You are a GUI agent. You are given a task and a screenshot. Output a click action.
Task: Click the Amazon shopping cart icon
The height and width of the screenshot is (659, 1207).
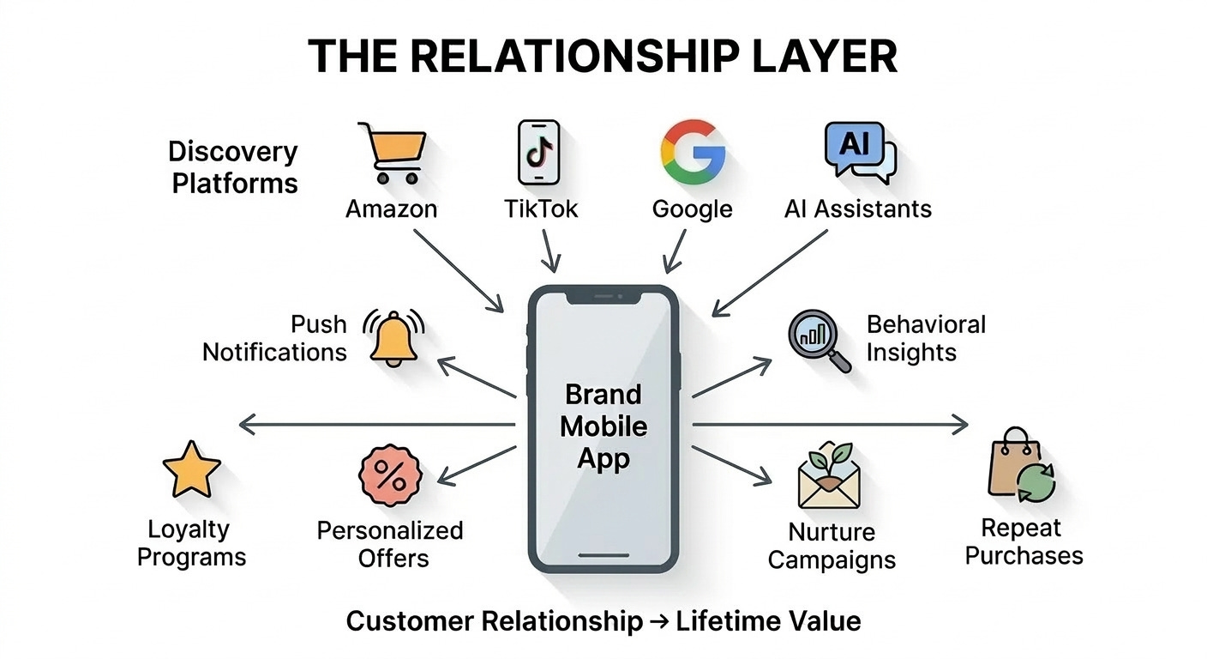click(x=392, y=154)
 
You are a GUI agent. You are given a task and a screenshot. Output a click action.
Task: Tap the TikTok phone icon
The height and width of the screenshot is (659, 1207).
click(x=538, y=153)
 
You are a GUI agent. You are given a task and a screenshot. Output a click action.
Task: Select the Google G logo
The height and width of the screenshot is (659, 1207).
click(x=693, y=153)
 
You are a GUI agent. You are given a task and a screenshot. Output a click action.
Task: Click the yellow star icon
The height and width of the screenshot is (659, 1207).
click(x=191, y=469)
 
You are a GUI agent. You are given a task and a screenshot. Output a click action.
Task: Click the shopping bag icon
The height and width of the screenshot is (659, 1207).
click(x=1019, y=467)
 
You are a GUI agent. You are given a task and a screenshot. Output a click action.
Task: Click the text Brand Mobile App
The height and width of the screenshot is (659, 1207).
click(x=603, y=426)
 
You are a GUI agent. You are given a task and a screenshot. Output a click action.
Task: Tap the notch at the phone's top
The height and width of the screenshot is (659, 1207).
click(x=603, y=297)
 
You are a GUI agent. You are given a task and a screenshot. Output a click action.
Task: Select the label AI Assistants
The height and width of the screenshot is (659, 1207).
click(x=857, y=209)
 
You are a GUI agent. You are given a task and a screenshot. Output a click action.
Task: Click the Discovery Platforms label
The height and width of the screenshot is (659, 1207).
click(x=233, y=167)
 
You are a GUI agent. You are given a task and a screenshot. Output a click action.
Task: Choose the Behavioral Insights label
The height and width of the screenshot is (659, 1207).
click(x=925, y=338)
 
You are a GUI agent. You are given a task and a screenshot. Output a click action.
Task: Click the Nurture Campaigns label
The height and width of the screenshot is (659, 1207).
click(x=831, y=546)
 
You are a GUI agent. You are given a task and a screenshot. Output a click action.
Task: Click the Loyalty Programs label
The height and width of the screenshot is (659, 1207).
click(x=191, y=543)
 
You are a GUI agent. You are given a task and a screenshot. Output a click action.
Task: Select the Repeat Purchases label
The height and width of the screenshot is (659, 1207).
click(x=1024, y=541)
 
